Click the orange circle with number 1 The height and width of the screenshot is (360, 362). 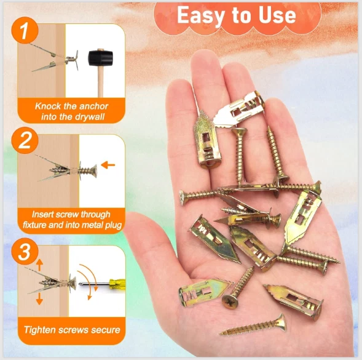pos(25,30)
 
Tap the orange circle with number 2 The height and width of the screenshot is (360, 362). pos(25,140)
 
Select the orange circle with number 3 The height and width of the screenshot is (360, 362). pos(25,251)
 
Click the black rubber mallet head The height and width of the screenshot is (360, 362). pos(100,58)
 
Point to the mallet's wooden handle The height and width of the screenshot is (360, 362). pos(100,81)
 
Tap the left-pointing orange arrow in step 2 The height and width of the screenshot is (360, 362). pos(108,165)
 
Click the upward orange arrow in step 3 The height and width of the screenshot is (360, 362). pos(39,265)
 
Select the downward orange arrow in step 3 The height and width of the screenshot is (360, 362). pos(39,298)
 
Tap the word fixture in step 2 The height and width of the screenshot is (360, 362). pos(34,225)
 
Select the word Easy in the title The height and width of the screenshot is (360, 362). pos(200,15)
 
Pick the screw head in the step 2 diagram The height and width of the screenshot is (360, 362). pos(95,171)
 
